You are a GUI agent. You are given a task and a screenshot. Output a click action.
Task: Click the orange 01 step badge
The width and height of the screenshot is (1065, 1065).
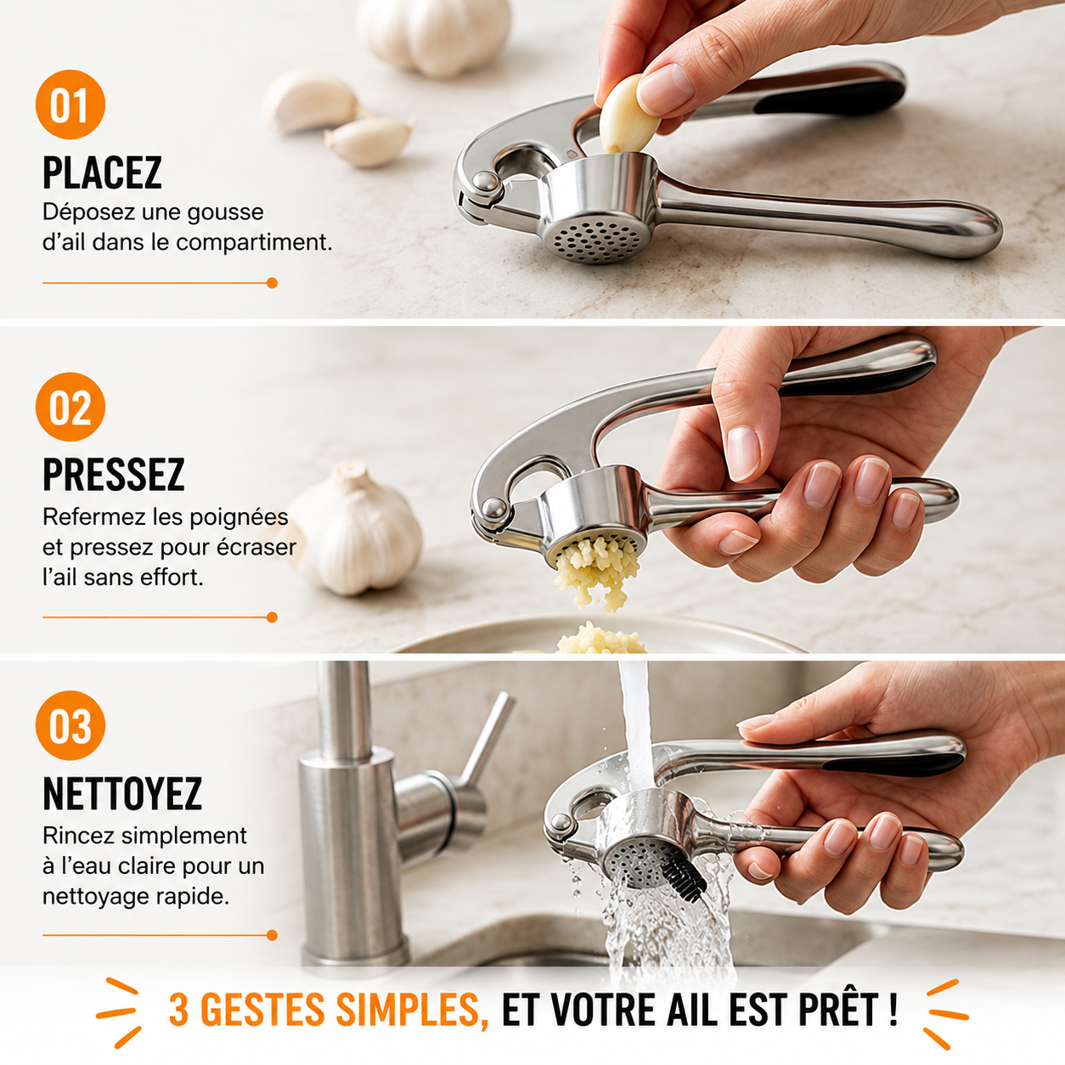tap(70, 104)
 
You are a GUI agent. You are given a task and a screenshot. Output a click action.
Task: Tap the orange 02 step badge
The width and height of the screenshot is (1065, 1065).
tap(70, 407)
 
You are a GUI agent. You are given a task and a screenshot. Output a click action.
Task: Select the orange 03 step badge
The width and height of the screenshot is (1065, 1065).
tap(70, 725)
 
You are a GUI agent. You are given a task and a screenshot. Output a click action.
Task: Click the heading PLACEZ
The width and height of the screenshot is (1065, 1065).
tap(102, 172)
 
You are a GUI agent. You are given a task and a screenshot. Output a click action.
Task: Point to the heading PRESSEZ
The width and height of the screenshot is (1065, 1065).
tap(113, 474)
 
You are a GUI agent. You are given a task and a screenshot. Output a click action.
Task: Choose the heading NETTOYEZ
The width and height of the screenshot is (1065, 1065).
tap(122, 793)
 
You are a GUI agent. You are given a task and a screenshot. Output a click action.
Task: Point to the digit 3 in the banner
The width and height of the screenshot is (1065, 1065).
tap(179, 1010)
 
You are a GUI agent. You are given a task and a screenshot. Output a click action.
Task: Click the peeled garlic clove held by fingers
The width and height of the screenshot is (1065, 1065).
tap(628, 115)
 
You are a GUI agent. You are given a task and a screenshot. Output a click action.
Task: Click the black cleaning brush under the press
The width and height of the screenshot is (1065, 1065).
tap(685, 879)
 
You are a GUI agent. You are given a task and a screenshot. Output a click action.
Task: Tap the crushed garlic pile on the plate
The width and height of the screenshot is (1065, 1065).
tap(600, 639)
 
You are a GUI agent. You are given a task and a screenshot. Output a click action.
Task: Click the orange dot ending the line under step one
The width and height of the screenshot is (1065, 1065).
tap(272, 283)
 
